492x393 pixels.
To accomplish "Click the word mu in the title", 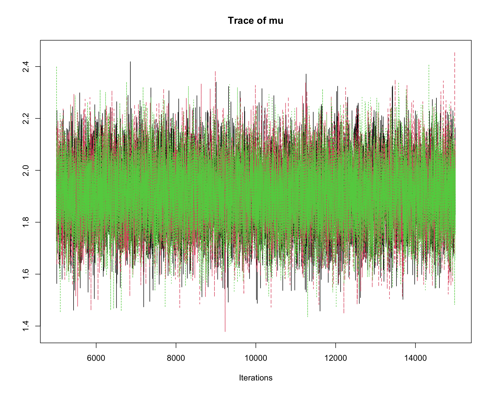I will click(x=276, y=21).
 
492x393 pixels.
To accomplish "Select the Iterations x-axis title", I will click(x=255, y=378).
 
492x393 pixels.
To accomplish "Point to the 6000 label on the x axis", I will click(x=96, y=358).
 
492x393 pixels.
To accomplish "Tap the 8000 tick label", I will click(x=176, y=358).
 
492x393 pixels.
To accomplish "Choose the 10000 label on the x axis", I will click(x=256, y=358).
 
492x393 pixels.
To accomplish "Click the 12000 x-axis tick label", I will click(x=335, y=358).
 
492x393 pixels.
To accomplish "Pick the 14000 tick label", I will click(x=415, y=358).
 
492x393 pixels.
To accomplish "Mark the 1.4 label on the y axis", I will click(x=26, y=326).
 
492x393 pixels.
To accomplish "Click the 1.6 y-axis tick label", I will click(x=26, y=274).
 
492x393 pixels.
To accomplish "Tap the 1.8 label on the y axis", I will click(x=26, y=222).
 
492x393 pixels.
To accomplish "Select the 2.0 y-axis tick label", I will click(x=26, y=170).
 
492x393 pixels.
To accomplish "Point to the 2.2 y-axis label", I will click(x=26, y=118).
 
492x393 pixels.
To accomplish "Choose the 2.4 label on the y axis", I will click(x=26, y=67).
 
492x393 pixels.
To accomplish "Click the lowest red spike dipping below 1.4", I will click(x=225, y=331).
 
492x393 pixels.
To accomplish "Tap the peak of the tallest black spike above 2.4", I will click(x=130, y=62).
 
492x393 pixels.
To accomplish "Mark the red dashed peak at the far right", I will click(x=455, y=53).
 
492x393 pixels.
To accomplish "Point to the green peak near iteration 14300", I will click(x=429, y=65).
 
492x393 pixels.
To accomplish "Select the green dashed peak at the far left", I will click(x=56, y=67).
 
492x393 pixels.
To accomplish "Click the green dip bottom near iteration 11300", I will click(x=307, y=316).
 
